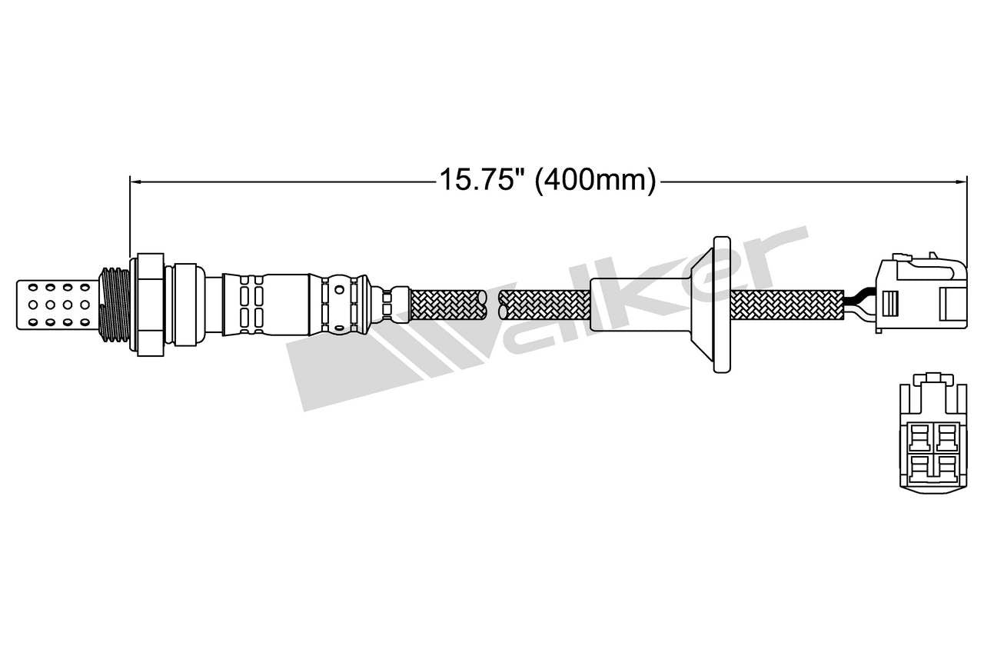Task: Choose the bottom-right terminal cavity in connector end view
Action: (944, 466)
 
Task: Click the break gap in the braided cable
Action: (493, 305)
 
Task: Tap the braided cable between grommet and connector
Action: (784, 305)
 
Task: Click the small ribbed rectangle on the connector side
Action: (889, 303)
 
